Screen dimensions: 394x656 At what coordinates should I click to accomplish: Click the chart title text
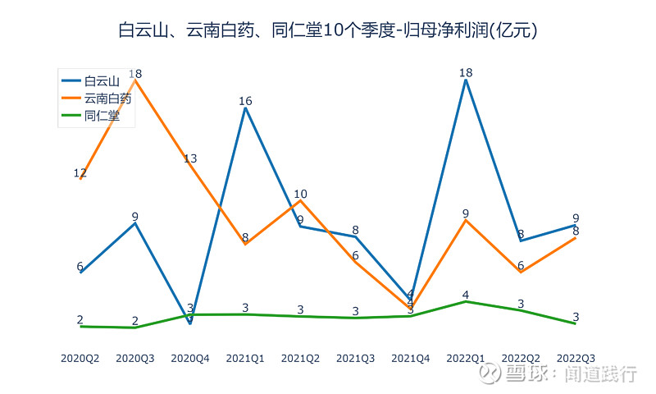point(327,31)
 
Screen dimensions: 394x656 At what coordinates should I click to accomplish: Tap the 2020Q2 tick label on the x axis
point(80,359)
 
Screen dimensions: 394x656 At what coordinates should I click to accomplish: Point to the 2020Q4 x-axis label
point(190,359)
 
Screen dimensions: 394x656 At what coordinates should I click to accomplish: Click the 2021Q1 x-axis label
point(245,359)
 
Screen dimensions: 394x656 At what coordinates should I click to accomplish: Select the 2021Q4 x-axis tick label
point(411,359)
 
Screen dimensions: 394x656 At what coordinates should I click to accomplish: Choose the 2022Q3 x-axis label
point(576,359)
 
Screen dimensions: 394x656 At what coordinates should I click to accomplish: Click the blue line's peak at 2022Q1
point(466,80)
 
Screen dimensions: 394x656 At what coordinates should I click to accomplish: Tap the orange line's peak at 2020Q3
point(135,80)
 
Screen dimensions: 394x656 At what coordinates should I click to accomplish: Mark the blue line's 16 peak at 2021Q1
point(245,108)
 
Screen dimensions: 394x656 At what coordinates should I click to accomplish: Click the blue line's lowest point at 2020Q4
point(190,323)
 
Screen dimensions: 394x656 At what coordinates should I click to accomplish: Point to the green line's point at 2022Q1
point(466,301)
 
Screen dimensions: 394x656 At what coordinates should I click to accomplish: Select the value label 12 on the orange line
point(80,173)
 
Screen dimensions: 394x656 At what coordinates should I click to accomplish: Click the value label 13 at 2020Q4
point(190,158)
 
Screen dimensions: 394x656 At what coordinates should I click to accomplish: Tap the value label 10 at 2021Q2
point(301,195)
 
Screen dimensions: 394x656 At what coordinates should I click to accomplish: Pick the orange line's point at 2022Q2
point(521,272)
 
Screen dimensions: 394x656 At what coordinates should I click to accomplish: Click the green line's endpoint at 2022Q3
point(576,323)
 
